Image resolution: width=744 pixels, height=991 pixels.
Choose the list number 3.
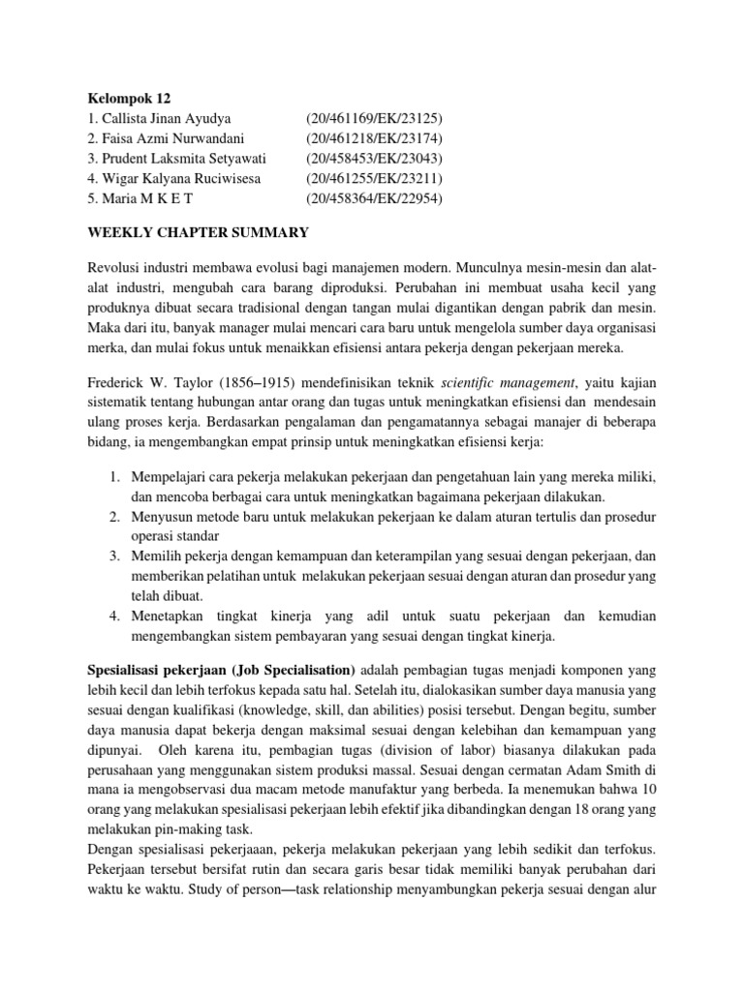point(113,556)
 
